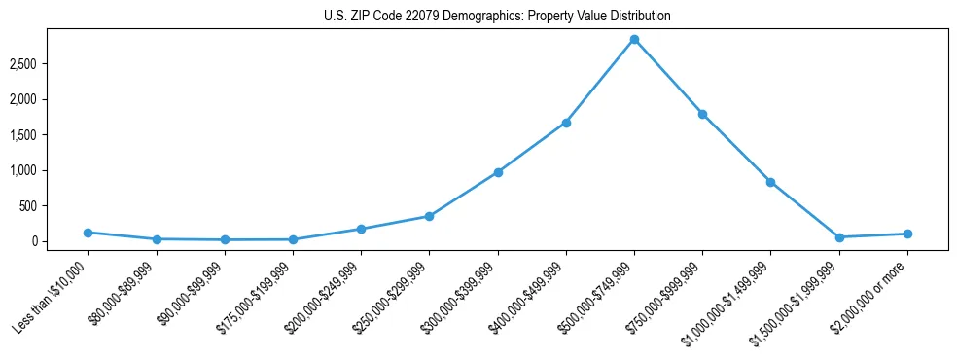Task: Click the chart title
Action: tap(497, 17)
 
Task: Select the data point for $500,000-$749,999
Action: tap(634, 40)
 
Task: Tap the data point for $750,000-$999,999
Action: tap(702, 114)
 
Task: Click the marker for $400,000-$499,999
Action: tap(566, 123)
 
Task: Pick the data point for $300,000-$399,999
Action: tap(498, 172)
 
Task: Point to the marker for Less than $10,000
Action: tap(89, 233)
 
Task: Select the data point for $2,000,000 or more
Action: tap(907, 234)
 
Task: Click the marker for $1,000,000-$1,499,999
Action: tap(770, 182)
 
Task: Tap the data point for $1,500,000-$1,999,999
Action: tap(839, 237)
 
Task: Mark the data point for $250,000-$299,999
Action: tap(430, 216)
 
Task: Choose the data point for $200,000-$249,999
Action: tap(361, 229)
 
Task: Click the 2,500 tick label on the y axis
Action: tap(50, 64)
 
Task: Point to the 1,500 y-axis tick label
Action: tap(50, 135)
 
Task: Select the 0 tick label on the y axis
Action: tap(60, 241)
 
